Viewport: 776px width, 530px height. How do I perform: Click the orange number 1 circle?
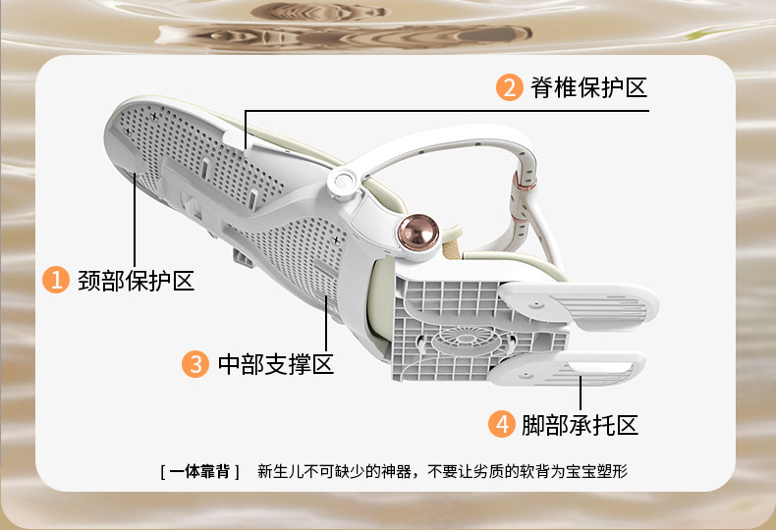coord(55,280)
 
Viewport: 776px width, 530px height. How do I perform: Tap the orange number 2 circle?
coord(509,87)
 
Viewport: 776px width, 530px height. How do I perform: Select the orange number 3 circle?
coord(195,364)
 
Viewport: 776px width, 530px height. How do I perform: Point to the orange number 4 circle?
coord(501,425)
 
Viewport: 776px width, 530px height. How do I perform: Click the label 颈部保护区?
coord(136,280)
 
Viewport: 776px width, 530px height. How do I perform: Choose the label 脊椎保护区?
coord(589,87)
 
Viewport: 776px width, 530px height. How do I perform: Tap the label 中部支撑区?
coord(275,364)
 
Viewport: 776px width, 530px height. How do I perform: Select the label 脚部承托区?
coord(581,425)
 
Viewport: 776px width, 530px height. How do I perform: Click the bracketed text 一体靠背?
coord(199,471)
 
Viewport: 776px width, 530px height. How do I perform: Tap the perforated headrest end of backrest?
coord(147,147)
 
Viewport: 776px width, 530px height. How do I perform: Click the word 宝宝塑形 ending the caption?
coord(601,471)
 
